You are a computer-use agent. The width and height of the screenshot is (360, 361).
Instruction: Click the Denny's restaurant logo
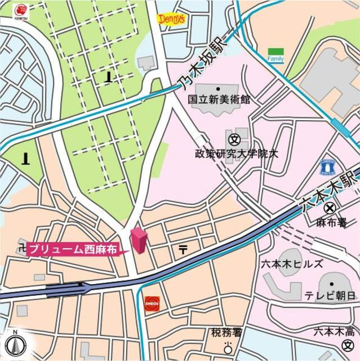tap(170, 20)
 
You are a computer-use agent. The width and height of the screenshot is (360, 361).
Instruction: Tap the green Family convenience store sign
tap(276, 55)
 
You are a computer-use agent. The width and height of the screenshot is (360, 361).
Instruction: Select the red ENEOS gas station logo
tap(152, 303)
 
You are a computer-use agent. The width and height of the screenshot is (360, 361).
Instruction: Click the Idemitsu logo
tap(20, 11)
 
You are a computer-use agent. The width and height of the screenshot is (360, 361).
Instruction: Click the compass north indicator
tap(16, 344)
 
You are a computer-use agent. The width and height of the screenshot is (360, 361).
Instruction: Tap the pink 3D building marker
tap(139, 241)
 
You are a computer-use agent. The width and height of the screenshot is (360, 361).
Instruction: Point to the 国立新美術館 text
tap(219, 99)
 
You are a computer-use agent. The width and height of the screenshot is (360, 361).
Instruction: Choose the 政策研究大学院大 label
tap(237, 153)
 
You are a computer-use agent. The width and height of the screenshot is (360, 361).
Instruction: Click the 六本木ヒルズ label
tap(292, 264)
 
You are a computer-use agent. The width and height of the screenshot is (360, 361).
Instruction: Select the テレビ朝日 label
tap(330, 296)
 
